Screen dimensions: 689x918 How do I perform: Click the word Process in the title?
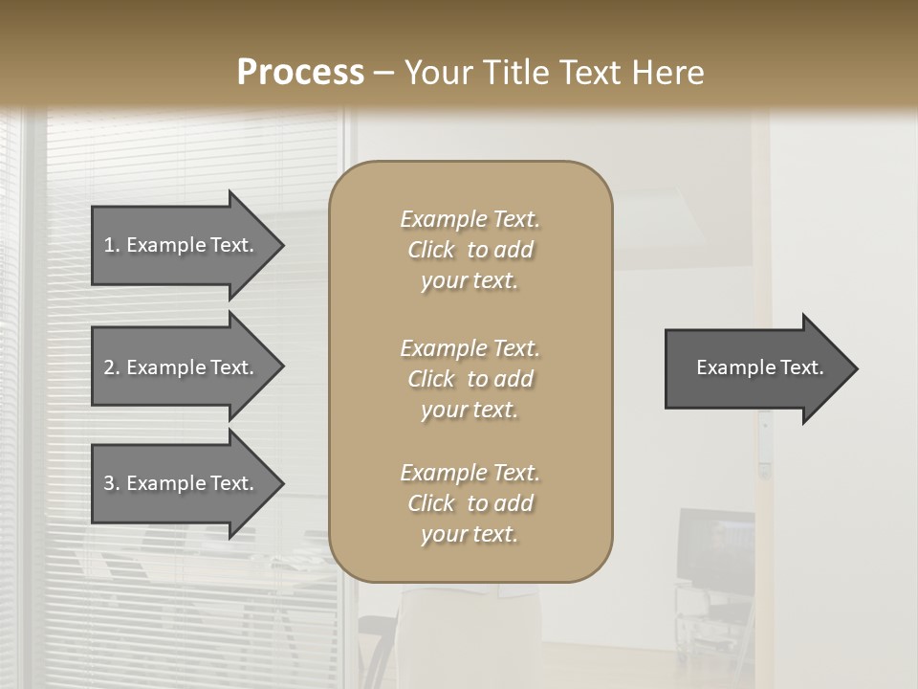point(300,73)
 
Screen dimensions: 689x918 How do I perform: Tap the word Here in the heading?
point(668,73)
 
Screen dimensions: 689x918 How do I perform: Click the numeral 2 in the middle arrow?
point(109,367)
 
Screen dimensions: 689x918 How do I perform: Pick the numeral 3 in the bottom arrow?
point(109,483)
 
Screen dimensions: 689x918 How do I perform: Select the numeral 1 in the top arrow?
point(109,245)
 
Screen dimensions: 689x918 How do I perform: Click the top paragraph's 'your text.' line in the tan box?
point(470,281)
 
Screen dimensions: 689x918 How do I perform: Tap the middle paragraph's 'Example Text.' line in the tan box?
point(470,348)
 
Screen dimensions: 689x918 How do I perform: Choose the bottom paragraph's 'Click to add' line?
point(470,503)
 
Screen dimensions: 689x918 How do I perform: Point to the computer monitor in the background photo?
point(715,549)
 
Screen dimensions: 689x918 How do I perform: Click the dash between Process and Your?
point(384,73)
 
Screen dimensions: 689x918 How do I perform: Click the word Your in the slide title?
point(438,73)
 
